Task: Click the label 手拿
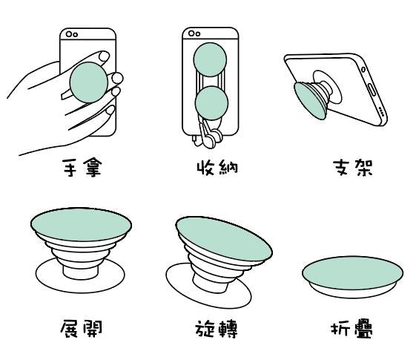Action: coord(82,168)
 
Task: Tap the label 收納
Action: coord(217,168)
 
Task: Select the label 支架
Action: coord(353,168)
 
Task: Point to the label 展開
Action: coord(81,329)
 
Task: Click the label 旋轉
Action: coord(217,330)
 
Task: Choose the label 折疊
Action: coord(351,329)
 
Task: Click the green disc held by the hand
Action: coord(88,82)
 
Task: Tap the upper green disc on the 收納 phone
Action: coord(210,59)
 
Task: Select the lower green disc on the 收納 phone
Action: coord(211,103)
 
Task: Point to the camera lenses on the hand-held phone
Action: coord(72,34)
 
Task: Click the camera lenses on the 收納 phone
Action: coord(194,33)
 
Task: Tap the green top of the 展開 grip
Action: coord(81,225)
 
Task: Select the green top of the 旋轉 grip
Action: coord(224,238)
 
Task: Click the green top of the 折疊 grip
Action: coord(352,273)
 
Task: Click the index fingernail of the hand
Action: coord(104,56)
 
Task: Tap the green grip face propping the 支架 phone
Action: coord(309,101)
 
